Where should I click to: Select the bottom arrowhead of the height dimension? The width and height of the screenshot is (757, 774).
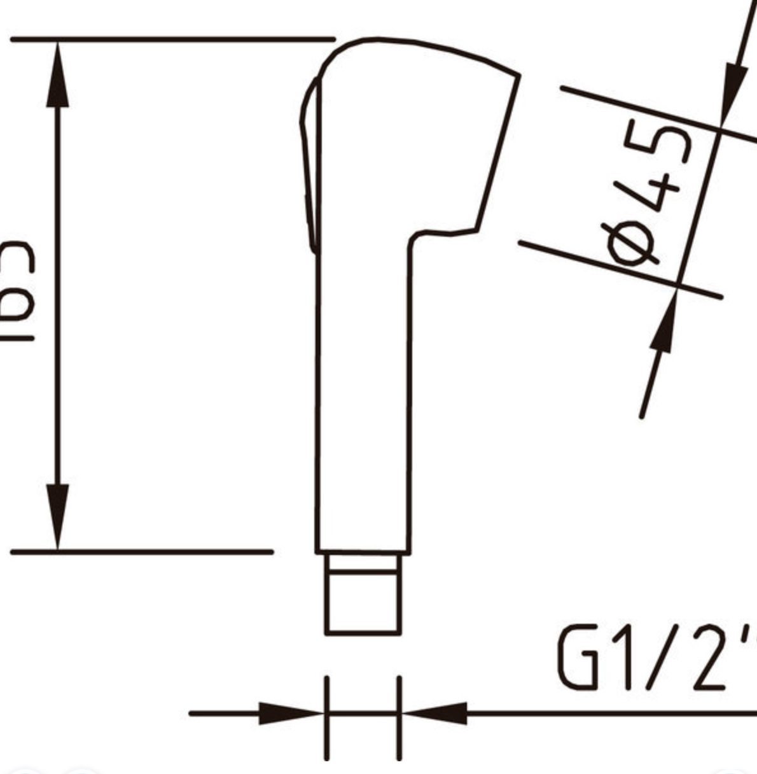pos(58,516)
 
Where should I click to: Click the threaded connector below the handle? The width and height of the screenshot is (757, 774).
pos(363,595)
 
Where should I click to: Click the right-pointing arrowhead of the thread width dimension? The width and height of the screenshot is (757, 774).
pos(289,714)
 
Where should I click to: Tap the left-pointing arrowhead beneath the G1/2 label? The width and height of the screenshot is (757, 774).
pos(436,714)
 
